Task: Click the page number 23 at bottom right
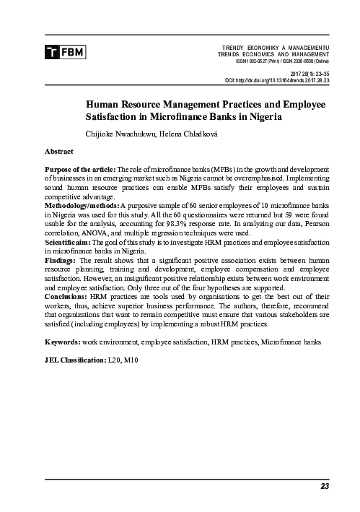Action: coord(325,486)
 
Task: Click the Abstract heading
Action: coord(58,153)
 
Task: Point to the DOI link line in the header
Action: coord(277,81)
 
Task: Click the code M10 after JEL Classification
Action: coord(131,360)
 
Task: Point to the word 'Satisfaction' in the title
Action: coord(118,117)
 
